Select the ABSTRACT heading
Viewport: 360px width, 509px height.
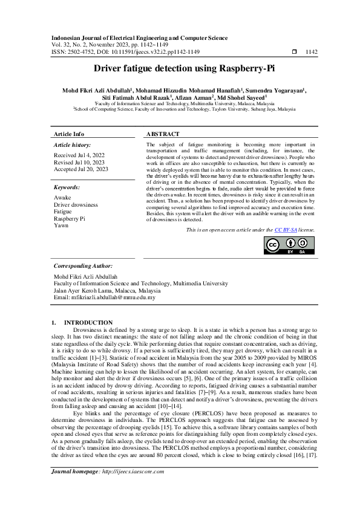pos(163,134)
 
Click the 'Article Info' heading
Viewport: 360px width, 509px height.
pos(70,134)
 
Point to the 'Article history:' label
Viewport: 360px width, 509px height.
pos(73,146)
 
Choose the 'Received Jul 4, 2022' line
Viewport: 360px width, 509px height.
pos(78,155)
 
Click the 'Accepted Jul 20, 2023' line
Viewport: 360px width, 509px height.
pos(81,170)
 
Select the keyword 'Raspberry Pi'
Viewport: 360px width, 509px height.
pos(70,219)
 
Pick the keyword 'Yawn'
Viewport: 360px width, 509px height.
pos(61,226)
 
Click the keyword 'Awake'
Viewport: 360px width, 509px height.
pos(62,198)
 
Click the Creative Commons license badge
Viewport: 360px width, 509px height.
pos(289,245)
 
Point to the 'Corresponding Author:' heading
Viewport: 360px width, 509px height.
pos(83,265)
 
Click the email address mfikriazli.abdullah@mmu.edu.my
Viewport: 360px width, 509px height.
pos(105,297)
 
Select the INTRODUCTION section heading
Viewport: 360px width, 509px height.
pos(88,323)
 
